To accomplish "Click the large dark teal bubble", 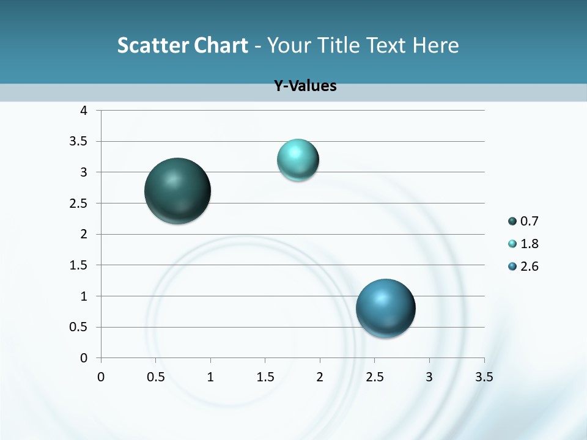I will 178,191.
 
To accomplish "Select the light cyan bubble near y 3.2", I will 298,160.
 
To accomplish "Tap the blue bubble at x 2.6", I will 386,308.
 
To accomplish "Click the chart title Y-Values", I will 305,86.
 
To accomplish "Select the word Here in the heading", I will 436,45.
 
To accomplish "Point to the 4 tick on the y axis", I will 84,111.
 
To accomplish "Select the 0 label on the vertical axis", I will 84,358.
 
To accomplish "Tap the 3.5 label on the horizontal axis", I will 484,377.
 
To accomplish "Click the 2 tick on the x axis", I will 320,377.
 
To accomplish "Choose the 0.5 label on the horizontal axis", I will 156,377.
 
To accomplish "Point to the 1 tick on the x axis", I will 210,377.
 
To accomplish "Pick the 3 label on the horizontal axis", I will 429,377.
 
